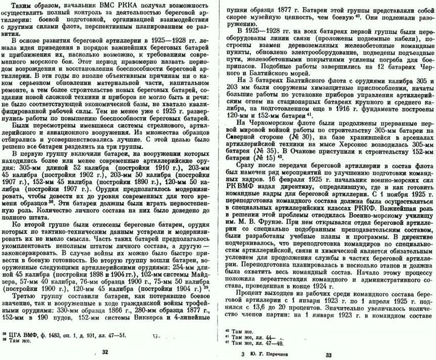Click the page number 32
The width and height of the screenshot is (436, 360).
(105, 352)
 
